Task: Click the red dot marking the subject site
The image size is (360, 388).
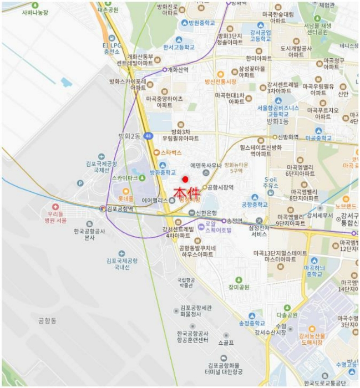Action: point(185,179)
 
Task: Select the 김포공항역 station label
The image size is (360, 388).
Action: point(120,209)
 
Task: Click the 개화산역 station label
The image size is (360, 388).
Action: point(178,70)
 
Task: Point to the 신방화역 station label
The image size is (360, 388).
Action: point(288,136)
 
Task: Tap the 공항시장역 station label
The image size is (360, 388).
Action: point(220,187)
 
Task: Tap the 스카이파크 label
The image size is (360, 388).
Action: point(124,178)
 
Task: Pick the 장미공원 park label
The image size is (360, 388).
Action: point(239,287)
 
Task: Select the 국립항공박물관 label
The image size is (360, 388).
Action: point(185,284)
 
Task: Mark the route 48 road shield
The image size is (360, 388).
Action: point(147,135)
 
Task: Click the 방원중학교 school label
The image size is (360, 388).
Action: point(201,23)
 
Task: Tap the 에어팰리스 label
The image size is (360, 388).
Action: point(155,200)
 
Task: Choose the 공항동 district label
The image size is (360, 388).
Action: point(48,320)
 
